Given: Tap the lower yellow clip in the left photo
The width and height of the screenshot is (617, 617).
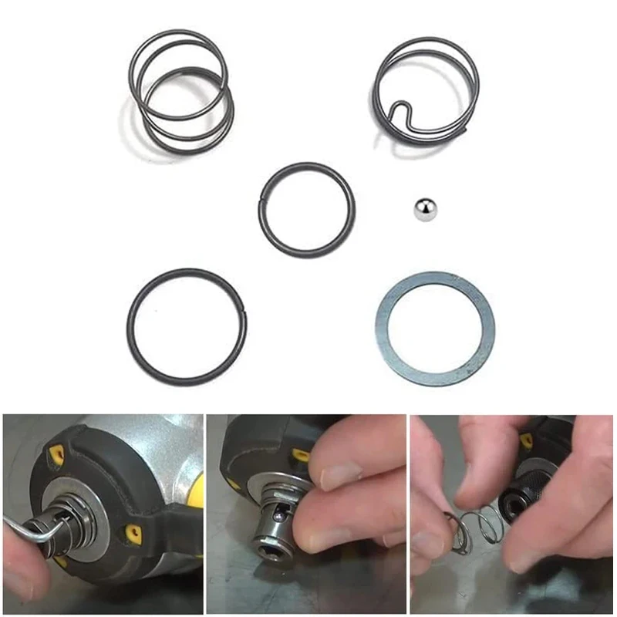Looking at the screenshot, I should coord(133,534).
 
